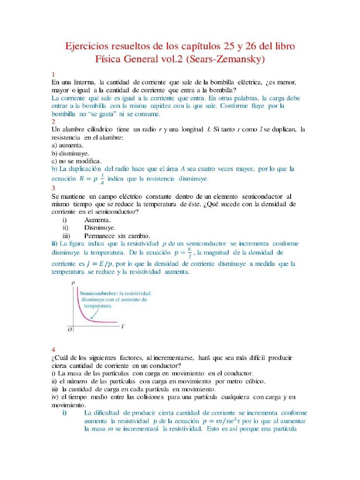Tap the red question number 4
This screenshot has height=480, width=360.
tap(53, 350)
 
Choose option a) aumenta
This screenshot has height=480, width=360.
tap(67, 145)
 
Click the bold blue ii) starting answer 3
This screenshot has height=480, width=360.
tap(54, 244)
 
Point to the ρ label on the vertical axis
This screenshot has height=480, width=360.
tap(73, 283)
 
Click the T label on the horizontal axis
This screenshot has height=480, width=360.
tap(122, 326)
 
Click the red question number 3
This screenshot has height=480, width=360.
tap(53, 188)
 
